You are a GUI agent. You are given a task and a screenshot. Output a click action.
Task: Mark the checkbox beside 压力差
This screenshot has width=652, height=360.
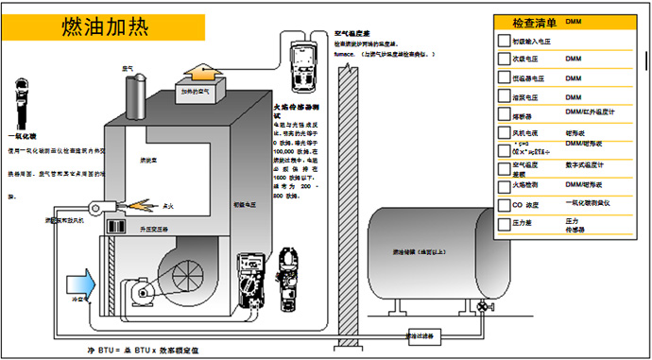[x=504, y=225]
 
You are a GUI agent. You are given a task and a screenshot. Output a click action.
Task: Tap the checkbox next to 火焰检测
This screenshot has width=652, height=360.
[x=504, y=184]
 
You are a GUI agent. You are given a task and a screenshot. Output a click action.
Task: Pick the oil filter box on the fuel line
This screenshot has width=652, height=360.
[x=420, y=335]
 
